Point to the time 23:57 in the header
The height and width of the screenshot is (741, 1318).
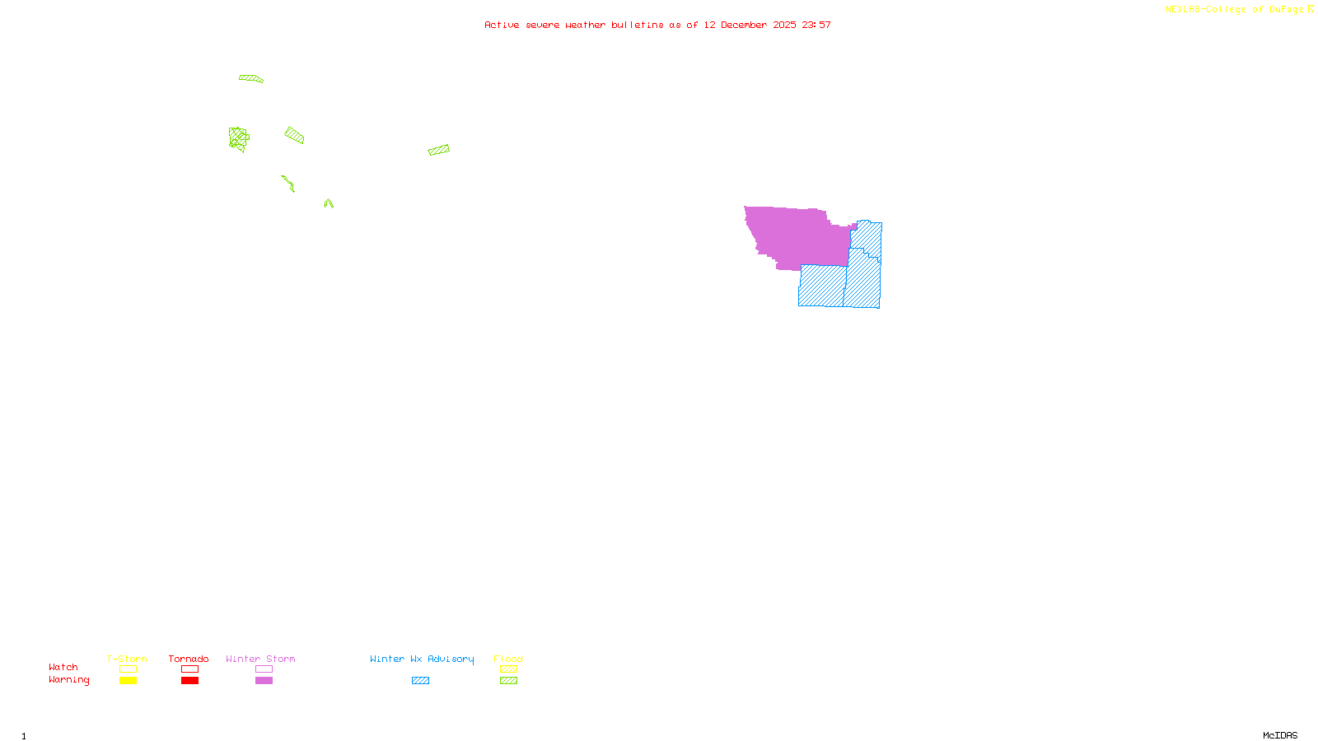816,26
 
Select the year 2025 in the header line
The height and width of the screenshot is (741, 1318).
784,26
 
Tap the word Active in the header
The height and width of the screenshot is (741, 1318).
502,26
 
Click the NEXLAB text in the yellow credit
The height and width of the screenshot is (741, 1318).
1183,10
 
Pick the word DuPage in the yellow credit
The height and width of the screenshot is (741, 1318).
1286,10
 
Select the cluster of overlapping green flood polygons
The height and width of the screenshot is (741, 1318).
238,138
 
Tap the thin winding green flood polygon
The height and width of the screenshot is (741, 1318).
287,183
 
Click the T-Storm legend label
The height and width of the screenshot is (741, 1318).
127,659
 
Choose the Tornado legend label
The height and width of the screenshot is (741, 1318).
189,659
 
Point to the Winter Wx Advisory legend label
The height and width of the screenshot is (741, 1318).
422,659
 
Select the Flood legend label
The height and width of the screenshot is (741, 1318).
508,659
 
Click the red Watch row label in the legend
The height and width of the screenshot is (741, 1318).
63,668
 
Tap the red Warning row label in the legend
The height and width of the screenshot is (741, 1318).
68,680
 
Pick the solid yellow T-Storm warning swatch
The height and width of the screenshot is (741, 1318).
128,681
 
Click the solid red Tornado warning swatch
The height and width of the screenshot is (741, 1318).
189,681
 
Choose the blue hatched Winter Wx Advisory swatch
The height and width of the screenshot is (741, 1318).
420,681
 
